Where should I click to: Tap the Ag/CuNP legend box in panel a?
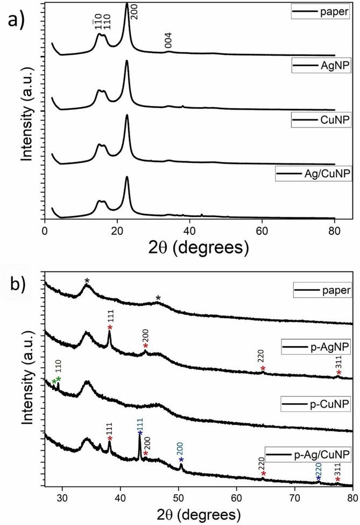(x=309, y=173)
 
